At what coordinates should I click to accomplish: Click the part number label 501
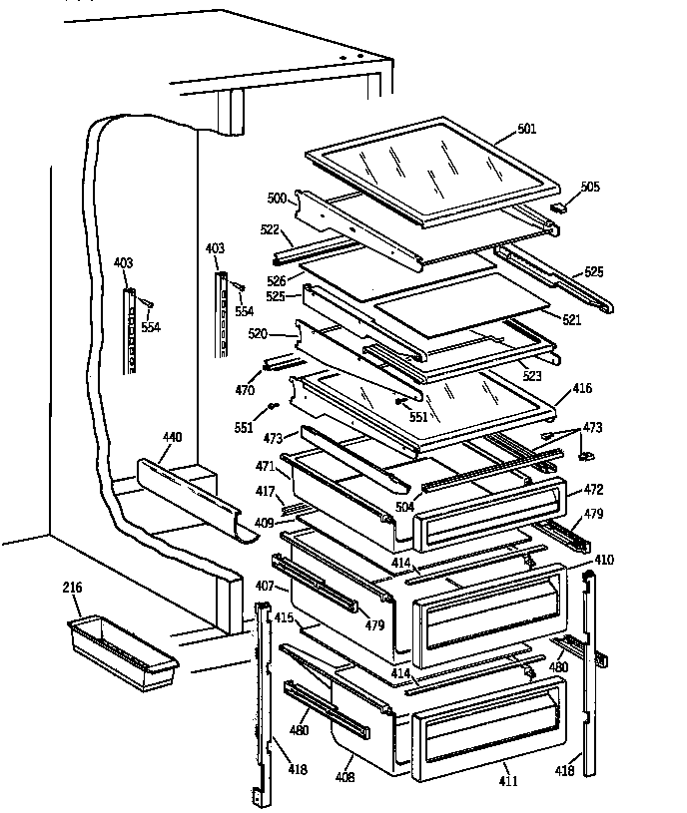pos(527,129)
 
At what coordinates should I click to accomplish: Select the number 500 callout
pos(277,198)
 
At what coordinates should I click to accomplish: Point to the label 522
pos(271,228)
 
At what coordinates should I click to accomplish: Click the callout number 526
pos(278,281)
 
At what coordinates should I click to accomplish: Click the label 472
pos(592,490)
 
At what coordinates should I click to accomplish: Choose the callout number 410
pos(604,560)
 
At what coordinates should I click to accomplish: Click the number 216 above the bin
pos(73,588)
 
